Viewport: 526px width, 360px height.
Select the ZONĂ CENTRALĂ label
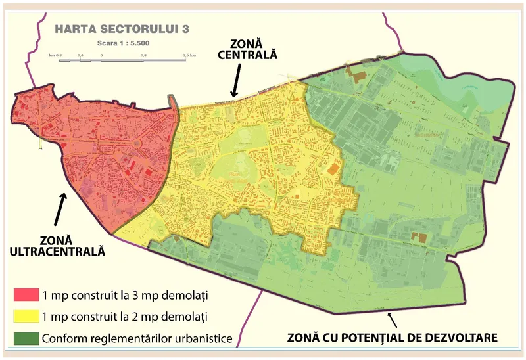click(247, 49)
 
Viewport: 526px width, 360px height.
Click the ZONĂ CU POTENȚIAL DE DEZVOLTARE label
click(393, 338)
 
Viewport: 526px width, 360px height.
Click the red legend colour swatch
click(25, 294)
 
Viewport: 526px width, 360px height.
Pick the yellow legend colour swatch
click(25, 316)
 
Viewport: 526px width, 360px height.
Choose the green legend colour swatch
click(25, 338)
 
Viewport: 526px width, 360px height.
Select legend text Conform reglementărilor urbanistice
click(136, 339)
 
